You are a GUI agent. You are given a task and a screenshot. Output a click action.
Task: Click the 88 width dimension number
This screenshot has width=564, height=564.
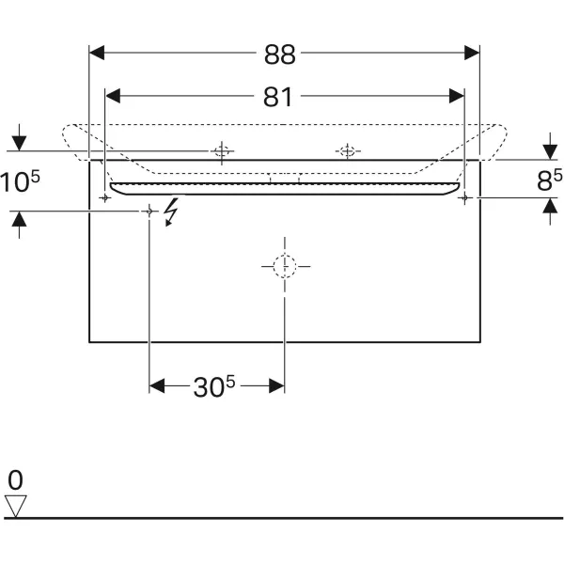[x=280, y=55]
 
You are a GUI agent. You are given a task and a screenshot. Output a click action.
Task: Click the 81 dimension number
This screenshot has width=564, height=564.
[x=277, y=97]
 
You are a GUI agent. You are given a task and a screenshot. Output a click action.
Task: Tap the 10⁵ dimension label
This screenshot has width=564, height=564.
[x=20, y=181]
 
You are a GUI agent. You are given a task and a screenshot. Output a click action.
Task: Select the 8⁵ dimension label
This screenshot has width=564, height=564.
[x=549, y=180]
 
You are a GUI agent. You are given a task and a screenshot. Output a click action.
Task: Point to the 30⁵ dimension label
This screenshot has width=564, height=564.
[x=214, y=386]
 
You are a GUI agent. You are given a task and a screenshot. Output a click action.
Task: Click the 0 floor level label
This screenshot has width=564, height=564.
[x=15, y=479]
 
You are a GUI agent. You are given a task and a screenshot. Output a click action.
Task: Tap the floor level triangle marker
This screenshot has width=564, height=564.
[x=15, y=506]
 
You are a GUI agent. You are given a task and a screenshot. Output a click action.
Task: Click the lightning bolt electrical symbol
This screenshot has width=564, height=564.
[x=171, y=212]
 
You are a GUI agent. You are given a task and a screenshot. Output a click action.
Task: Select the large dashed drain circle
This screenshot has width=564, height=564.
[x=285, y=267]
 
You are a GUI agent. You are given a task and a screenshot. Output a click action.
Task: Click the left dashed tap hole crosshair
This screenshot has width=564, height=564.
[x=222, y=151]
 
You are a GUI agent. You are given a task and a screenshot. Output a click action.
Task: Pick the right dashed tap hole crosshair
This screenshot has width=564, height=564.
[x=348, y=151]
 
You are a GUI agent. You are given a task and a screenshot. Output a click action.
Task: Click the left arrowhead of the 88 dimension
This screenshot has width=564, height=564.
[x=97, y=53]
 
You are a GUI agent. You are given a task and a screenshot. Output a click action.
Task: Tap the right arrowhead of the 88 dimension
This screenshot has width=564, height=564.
[x=472, y=53]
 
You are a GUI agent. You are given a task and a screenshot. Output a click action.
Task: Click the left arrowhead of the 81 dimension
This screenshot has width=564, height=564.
[x=113, y=96]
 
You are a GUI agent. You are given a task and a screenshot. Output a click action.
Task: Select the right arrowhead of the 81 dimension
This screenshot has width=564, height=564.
[x=457, y=96]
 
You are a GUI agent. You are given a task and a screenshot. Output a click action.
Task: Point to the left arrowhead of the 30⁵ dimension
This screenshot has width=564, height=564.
[x=157, y=386]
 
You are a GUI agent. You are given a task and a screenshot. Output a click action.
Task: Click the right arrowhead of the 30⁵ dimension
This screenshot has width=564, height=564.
[x=276, y=386]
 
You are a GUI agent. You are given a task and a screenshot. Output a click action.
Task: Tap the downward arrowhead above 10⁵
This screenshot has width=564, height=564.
[x=19, y=144]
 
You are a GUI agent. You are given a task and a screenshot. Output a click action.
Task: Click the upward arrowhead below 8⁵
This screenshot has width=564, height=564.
[x=550, y=207]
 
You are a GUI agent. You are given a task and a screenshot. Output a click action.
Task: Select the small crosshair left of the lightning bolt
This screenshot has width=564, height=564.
[x=149, y=211]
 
